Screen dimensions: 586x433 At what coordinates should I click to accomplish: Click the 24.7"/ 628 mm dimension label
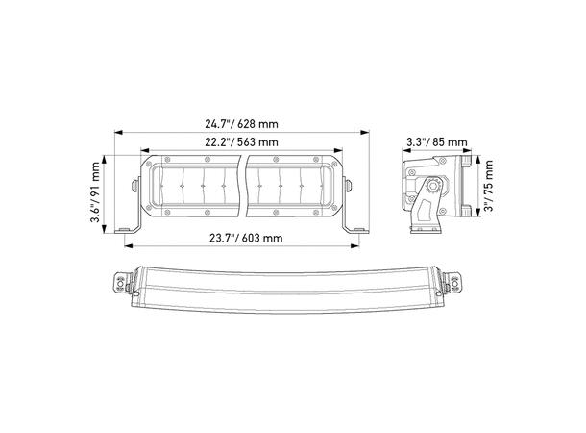click(x=241, y=123)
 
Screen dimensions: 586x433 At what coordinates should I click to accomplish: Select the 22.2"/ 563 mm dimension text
click(x=241, y=142)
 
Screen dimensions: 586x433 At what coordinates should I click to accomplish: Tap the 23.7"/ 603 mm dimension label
click(x=246, y=238)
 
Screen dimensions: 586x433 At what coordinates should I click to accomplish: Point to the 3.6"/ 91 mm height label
click(x=96, y=191)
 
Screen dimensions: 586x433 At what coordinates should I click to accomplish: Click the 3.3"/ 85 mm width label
click(x=437, y=142)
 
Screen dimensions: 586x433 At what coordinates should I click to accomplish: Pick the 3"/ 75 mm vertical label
click(x=488, y=186)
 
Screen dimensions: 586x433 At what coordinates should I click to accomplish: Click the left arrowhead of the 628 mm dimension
click(x=118, y=132)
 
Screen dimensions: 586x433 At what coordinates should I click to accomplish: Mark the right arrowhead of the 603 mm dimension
click(x=354, y=246)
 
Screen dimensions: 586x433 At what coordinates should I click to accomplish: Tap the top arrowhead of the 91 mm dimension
click(x=105, y=160)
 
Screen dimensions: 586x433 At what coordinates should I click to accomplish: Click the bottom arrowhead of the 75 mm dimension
click(x=477, y=213)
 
